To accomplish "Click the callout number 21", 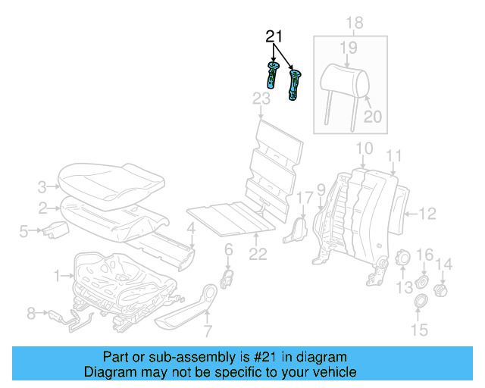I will tap(274, 37).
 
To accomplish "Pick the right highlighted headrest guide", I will tap(293, 85).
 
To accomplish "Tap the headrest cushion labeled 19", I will tap(339, 78).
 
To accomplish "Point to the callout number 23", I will tap(261, 99).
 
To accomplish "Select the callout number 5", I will tap(23, 231).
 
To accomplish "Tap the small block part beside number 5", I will tap(53, 230).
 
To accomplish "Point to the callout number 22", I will tap(258, 255).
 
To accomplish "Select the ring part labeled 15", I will tap(417, 305).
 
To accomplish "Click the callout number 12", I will tap(428, 213).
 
